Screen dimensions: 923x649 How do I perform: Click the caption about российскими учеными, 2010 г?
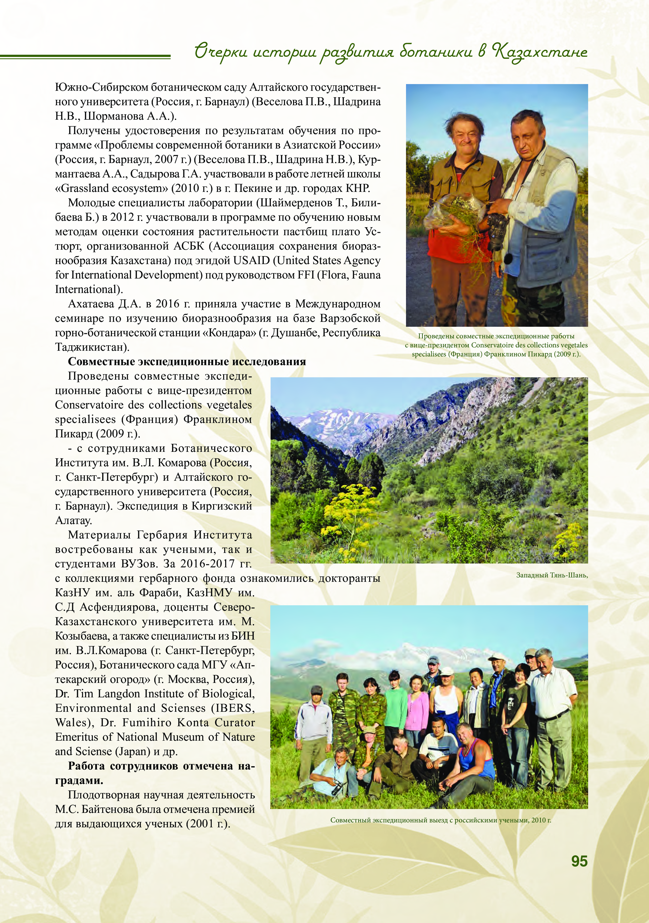tap(440, 820)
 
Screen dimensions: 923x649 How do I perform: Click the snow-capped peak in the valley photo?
tap(326, 418)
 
